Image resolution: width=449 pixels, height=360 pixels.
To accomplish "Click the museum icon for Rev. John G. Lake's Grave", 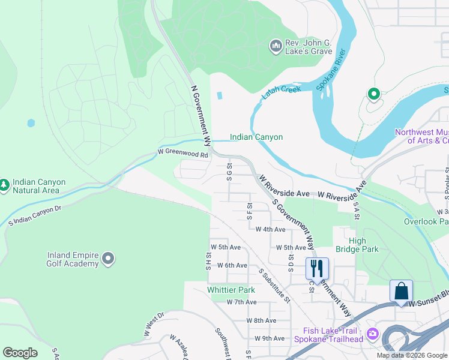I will coord(276,46).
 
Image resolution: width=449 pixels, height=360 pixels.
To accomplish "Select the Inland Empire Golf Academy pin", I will coord(108,259).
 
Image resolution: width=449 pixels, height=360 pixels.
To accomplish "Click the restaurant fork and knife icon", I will coord(317,268).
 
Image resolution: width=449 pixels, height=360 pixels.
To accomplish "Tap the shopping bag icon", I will coord(401,291).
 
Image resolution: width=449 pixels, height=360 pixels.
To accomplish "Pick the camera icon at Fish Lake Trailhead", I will coord(373,334).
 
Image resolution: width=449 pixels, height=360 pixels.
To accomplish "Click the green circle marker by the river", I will coord(373,94).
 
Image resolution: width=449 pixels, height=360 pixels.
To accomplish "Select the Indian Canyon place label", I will coord(256,137).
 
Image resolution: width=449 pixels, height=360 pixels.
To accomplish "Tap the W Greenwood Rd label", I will coord(182,154).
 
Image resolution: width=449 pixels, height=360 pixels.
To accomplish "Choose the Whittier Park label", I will coord(231,290).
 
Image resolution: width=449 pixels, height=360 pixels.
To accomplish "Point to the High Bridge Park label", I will coord(366,245).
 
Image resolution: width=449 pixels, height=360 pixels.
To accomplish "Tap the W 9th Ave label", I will coord(269,338).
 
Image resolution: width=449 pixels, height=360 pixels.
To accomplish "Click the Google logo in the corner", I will coord(20,353).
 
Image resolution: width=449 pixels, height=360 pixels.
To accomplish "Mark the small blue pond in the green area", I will coord(31,123).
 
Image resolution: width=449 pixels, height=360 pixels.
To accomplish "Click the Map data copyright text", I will coord(412,355).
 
